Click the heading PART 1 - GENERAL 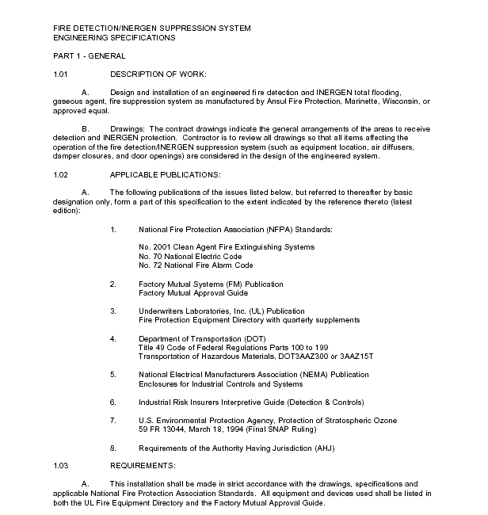(89, 56)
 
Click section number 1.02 (61, 174)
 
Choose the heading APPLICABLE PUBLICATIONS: (166, 174)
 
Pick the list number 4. (113, 338)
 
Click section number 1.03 (61, 465)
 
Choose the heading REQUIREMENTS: (143, 465)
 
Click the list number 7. (113, 420)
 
